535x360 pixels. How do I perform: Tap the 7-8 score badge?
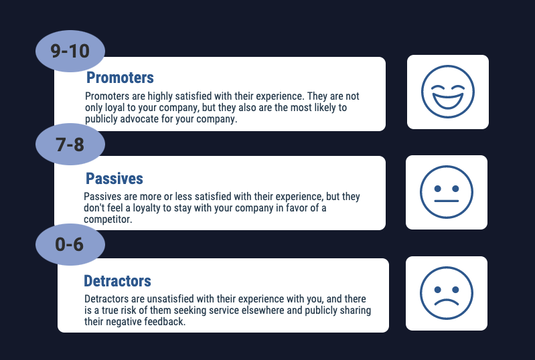click(x=70, y=143)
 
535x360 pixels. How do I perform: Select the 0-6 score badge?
click(x=70, y=244)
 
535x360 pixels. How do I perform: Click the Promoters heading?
click(x=120, y=78)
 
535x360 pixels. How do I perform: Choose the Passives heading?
click(x=114, y=179)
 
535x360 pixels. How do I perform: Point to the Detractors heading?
click(x=117, y=280)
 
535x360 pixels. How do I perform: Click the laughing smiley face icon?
click(x=447, y=92)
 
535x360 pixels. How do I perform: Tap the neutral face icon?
click(x=447, y=192)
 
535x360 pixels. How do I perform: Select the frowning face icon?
click(x=447, y=294)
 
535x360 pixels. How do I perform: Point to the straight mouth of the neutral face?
click(x=447, y=201)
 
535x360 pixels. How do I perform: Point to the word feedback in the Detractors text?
click(x=164, y=322)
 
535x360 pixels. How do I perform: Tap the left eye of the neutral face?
click(x=437, y=180)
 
